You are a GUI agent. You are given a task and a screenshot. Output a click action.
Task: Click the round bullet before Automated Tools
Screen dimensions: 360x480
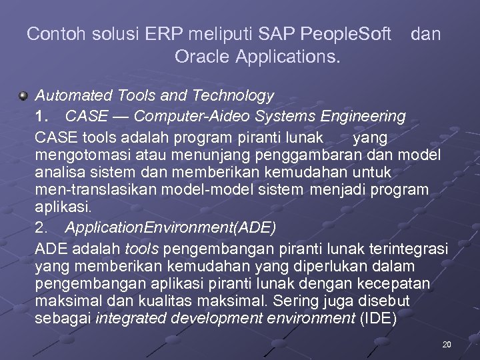click(x=23, y=97)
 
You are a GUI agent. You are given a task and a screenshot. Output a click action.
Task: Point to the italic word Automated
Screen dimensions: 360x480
click(x=70, y=96)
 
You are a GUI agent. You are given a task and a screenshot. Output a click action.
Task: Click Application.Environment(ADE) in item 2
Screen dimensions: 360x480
click(x=170, y=227)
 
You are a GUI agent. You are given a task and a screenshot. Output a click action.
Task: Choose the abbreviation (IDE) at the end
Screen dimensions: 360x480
click(x=378, y=318)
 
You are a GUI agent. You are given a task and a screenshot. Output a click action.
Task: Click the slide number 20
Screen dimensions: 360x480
click(x=446, y=345)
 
